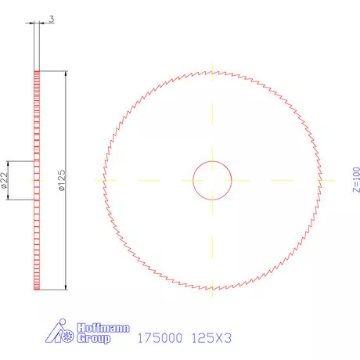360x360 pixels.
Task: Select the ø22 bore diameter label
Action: click(5, 181)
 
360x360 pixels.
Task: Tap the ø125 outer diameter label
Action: click(60, 181)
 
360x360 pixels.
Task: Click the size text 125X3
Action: click(212, 340)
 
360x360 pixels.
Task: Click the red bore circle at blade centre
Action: click(212, 161)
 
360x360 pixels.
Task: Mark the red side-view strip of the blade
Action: click(36, 181)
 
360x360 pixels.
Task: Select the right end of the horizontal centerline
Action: click(328, 180)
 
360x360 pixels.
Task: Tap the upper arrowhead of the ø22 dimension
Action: click(10, 164)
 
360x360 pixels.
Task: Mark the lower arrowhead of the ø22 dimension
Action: click(10, 197)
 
